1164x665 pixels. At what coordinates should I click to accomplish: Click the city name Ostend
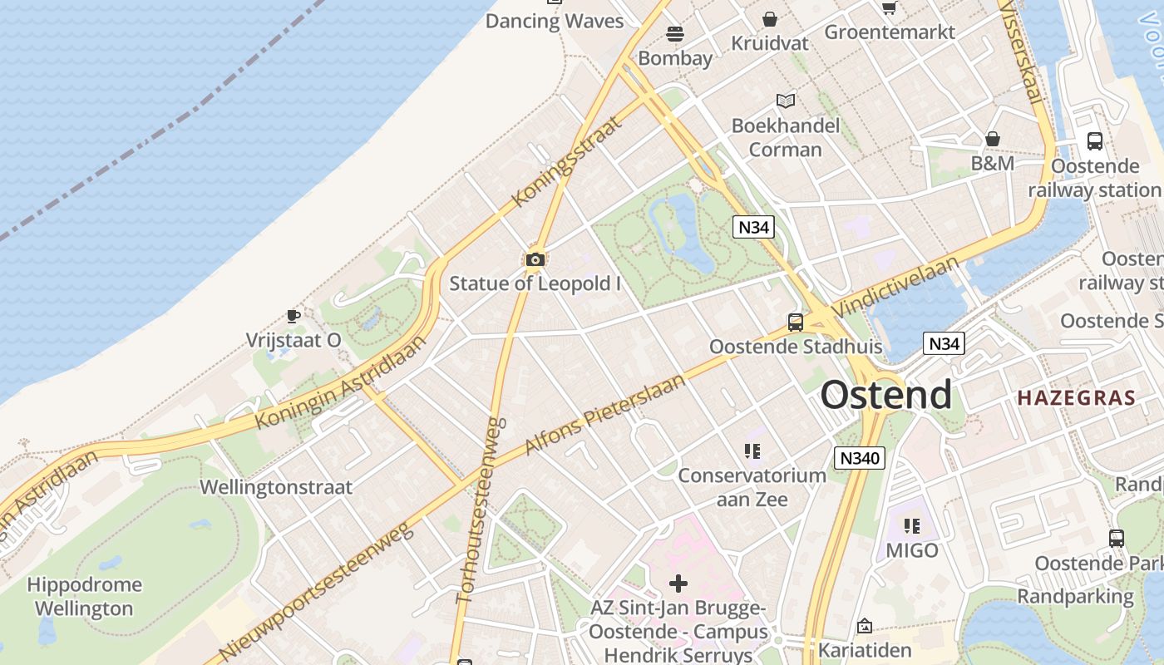pos(886,395)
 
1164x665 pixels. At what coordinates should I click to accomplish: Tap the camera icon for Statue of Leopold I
pos(535,260)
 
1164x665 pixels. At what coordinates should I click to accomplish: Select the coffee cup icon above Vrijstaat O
pos(293,316)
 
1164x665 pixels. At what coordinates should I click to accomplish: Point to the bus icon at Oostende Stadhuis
pos(796,322)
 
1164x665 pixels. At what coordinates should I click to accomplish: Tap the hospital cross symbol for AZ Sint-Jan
pos(678,584)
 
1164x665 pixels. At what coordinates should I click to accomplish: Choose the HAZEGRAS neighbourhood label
pos(1076,397)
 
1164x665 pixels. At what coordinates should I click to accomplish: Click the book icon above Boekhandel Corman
pos(786,101)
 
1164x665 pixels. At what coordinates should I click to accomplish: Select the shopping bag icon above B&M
pos(992,139)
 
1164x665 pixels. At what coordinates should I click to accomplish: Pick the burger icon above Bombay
pos(674,34)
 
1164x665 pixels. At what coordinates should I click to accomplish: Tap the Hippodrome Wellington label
pos(84,597)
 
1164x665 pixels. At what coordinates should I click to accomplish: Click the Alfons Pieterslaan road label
pos(605,414)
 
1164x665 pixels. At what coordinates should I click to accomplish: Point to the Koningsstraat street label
pos(567,161)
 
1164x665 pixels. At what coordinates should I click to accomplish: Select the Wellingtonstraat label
pos(276,487)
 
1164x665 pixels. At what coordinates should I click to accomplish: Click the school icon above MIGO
pos(912,525)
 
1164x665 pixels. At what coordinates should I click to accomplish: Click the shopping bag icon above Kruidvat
pos(770,19)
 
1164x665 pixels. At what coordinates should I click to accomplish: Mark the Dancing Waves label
pos(555,21)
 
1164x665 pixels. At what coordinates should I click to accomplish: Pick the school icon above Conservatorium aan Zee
pos(752,451)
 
